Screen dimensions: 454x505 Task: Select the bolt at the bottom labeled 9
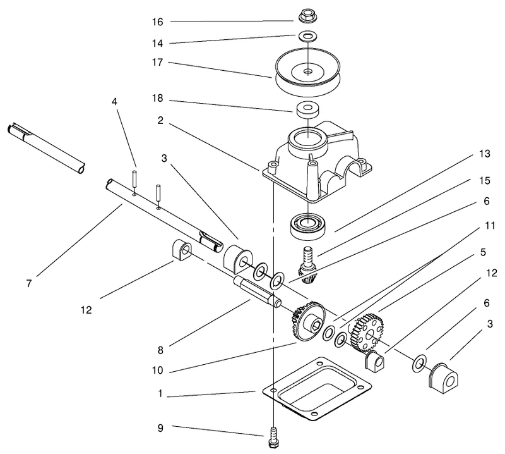point(273,438)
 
